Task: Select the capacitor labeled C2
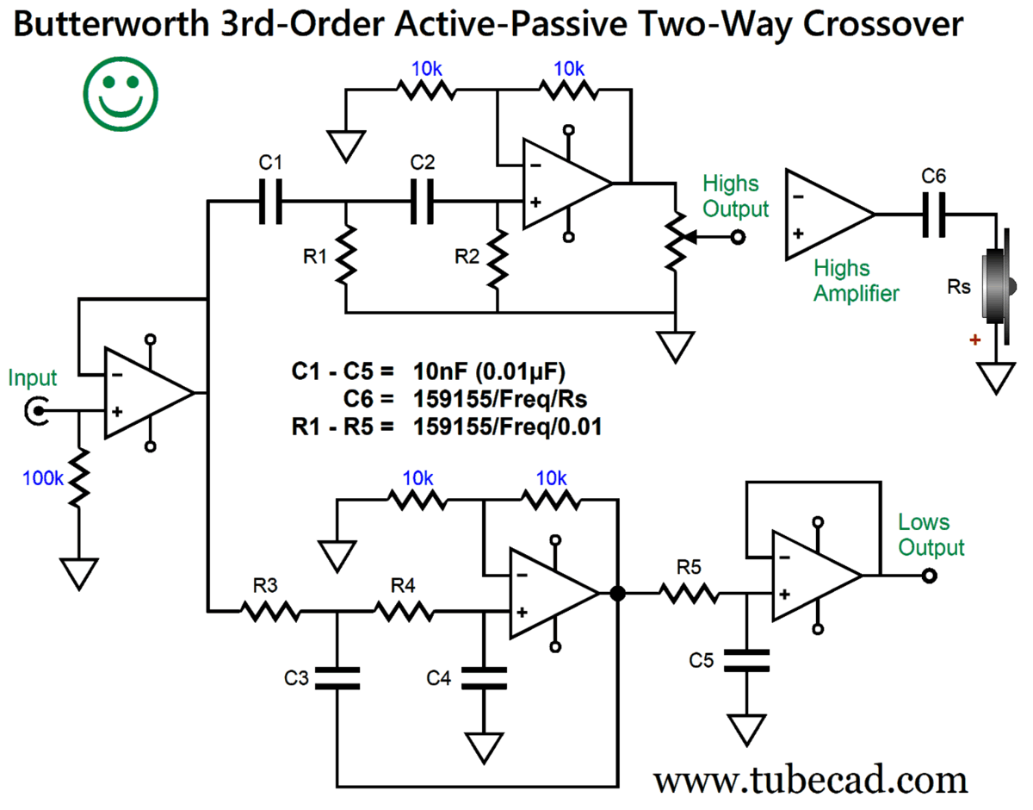coord(422,202)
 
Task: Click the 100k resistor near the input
coord(78,479)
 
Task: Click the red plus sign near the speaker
coord(974,341)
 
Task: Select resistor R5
coord(689,592)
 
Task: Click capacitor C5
coord(746,661)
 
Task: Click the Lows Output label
coord(930,534)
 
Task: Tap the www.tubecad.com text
coord(809,780)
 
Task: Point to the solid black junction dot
coord(616,593)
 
